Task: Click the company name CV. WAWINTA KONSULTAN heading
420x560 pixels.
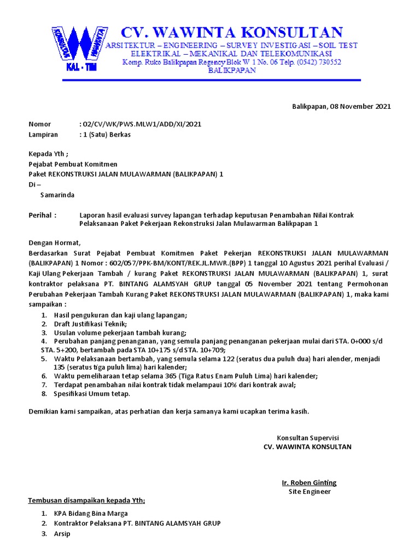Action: (x=232, y=32)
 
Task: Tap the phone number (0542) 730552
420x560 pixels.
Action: (x=319, y=62)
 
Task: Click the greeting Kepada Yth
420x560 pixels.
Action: (x=49, y=154)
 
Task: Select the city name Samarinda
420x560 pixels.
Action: (x=57, y=195)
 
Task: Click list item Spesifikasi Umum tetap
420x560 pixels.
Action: (x=92, y=394)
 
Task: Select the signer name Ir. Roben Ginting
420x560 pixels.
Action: (x=309, y=482)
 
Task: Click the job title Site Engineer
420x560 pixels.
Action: (x=309, y=492)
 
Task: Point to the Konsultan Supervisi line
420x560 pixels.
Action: (x=308, y=438)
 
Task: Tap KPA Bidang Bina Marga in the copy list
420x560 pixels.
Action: (x=91, y=514)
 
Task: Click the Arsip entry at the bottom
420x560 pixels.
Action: (x=62, y=534)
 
